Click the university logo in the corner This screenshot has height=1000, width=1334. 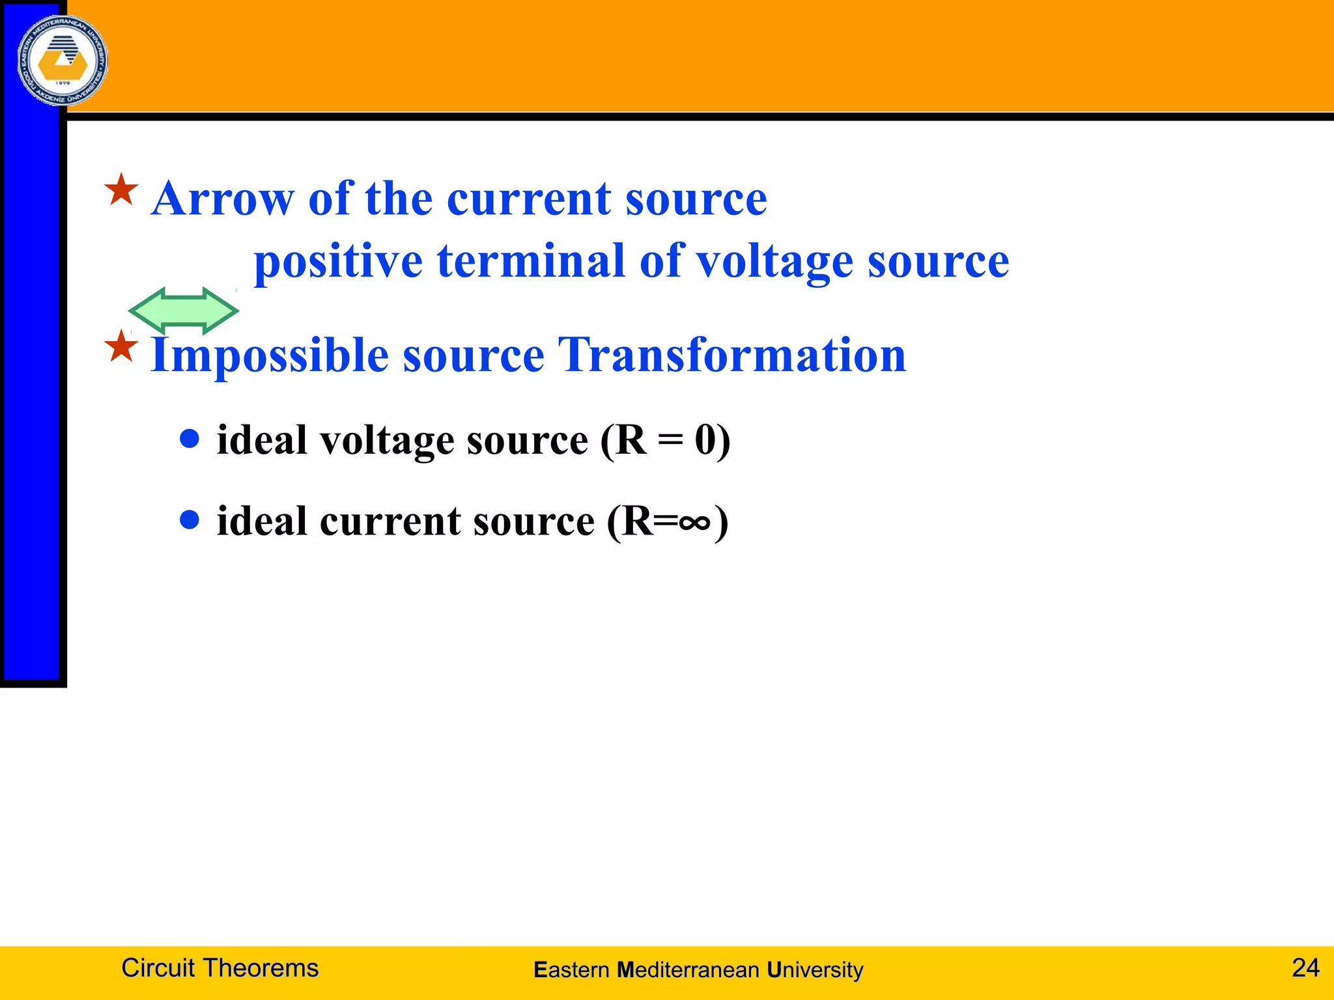coord(63,61)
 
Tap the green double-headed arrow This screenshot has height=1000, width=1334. coord(184,311)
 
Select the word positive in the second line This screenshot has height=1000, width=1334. coord(338,261)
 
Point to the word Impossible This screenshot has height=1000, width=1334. coord(270,355)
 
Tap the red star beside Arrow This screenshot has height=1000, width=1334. coord(122,190)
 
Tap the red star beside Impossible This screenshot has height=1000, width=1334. coord(122,346)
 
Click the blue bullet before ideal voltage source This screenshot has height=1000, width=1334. coord(190,439)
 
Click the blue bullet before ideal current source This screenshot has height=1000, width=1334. coord(190,520)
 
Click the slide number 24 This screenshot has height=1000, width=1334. coord(1305,967)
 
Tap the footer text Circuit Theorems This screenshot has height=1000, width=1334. coord(220,968)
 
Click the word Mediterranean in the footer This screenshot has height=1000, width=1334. coord(688,970)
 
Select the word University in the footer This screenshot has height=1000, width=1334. coord(815,970)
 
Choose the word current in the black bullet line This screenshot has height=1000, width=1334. coord(390,521)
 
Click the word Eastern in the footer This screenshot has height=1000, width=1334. coord(571,970)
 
